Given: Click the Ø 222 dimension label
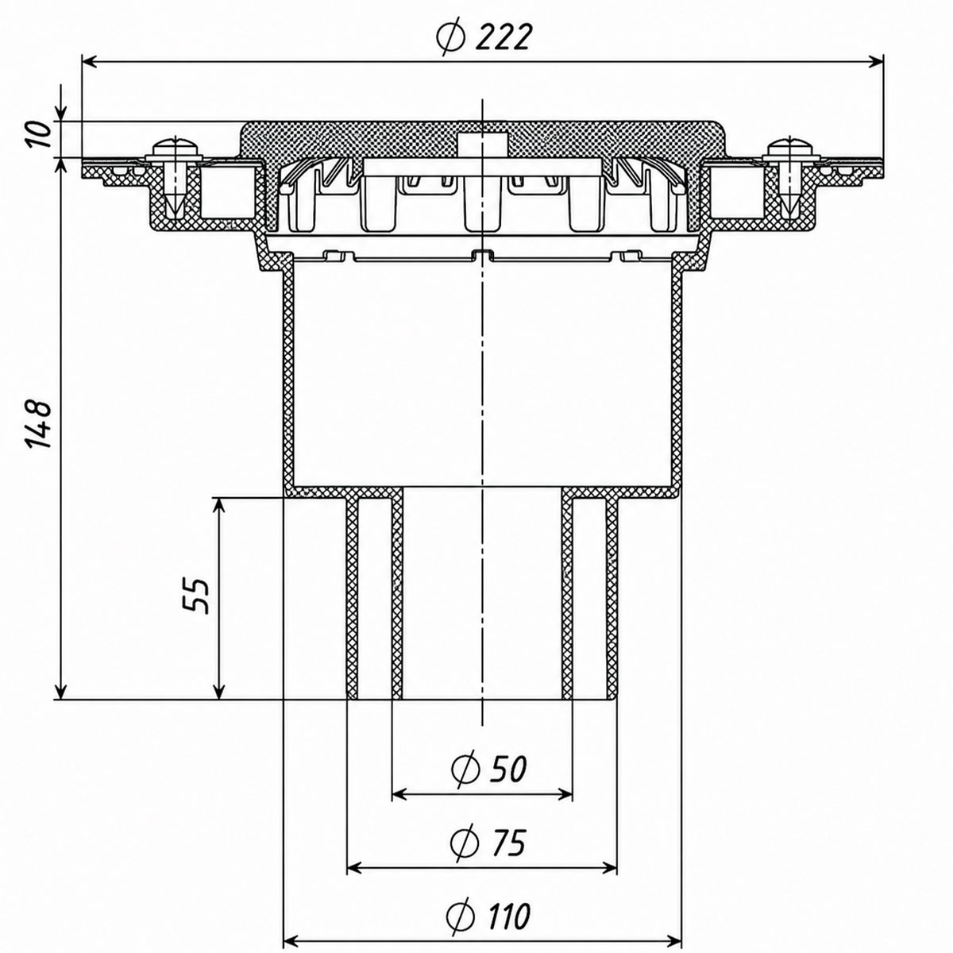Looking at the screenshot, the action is tap(484, 37).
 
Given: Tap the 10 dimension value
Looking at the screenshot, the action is tap(39, 134).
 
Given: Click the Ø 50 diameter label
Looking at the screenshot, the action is tap(489, 768).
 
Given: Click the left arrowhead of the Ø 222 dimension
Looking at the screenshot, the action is tap(89, 62).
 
